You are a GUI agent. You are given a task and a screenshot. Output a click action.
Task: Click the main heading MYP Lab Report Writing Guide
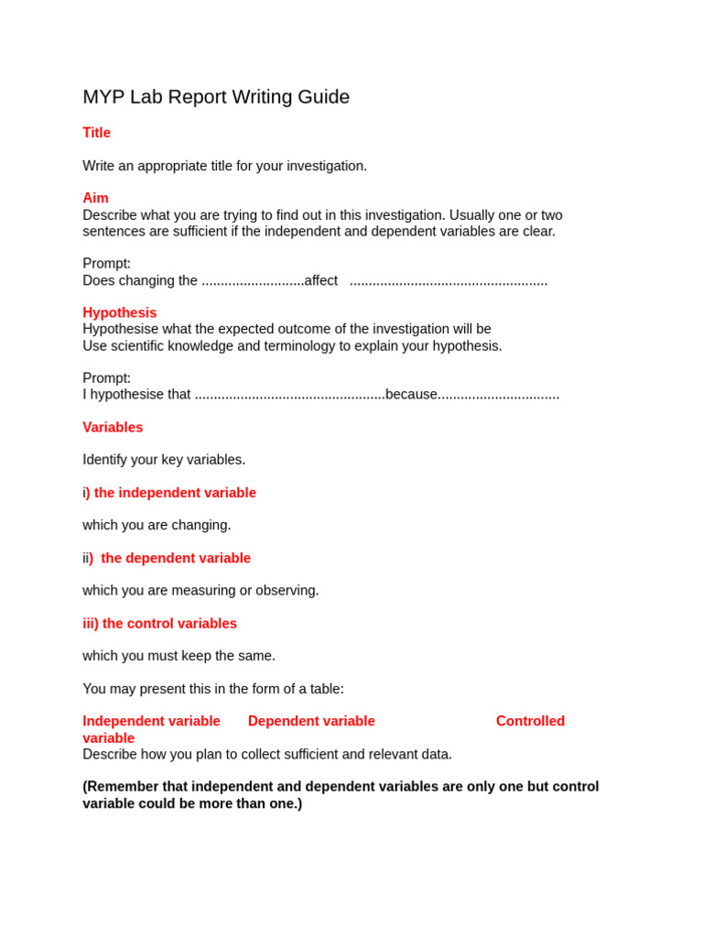(x=216, y=97)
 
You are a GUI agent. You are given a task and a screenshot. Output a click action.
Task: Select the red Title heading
(x=96, y=133)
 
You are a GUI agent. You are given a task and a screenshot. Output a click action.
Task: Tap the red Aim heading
(x=95, y=198)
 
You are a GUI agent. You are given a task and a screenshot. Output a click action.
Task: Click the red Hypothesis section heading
(x=119, y=312)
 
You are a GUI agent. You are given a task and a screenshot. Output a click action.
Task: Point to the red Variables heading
(x=113, y=427)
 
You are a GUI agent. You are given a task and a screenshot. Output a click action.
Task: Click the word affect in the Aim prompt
(x=321, y=280)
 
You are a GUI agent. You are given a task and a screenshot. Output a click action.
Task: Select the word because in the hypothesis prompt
(x=411, y=394)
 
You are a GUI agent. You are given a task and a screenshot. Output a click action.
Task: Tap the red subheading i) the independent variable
(x=169, y=493)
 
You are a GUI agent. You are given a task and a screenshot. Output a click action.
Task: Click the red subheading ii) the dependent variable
(x=167, y=558)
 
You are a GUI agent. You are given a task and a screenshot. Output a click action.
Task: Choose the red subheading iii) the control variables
(x=159, y=624)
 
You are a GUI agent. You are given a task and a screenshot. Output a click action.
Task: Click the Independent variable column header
(x=151, y=721)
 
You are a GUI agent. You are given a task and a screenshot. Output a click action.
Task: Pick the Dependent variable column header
(x=311, y=721)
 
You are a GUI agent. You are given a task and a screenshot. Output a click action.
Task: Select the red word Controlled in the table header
(x=530, y=721)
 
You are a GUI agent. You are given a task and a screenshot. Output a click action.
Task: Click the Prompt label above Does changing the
(x=106, y=264)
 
